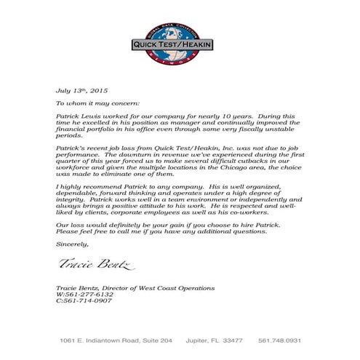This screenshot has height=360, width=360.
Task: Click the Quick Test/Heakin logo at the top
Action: tap(180, 44)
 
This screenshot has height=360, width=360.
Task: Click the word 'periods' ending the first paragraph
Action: tap(69, 136)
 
